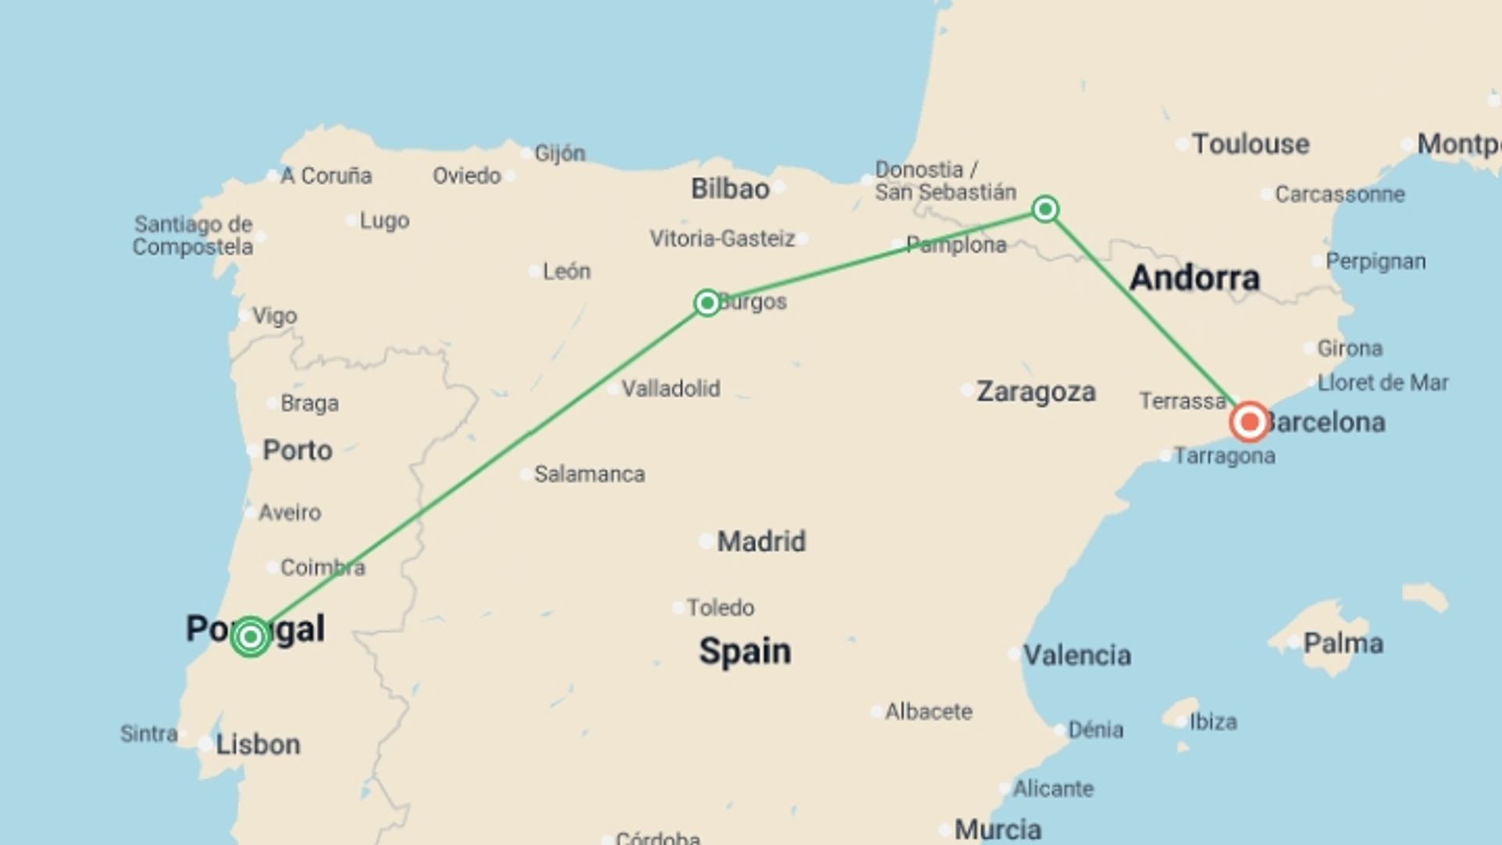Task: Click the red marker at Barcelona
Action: pyautogui.click(x=1249, y=422)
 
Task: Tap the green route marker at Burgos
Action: pyautogui.click(x=707, y=303)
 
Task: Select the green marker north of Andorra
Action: pyautogui.click(x=1045, y=209)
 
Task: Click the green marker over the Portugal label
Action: pyautogui.click(x=250, y=636)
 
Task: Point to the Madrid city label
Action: pyautogui.click(x=761, y=541)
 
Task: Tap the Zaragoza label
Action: pyautogui.click(x=1036, y=391)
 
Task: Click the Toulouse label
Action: pyautogui.click(x=1250, y=144)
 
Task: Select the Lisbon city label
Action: pyautogui.click(x=257, y=744)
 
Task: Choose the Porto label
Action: pyautogui.click(x=297, y=451)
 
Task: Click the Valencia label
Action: pyautogui.click(x=1077, y=655)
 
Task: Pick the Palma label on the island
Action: pyautogui.click(x=1343, y=644)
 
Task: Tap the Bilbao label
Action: pyautogui.click(x=730, y=189)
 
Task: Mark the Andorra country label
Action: pyautogui.click(x=1195, y=278)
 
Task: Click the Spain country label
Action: pyautogui.click(x=745, y=651)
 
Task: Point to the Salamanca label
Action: pyautogui.click(x=589, y=474)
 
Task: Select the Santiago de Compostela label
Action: pyautogui.click(x=192, y=236)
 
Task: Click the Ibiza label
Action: pyautogui.click(x=1213, y=721)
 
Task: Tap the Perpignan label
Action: pyautogui.click(x=1375, y=261)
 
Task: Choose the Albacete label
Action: pyautogui.click(x=929, y=712)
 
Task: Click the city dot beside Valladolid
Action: pyautogui.click(x=613, y=389)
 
